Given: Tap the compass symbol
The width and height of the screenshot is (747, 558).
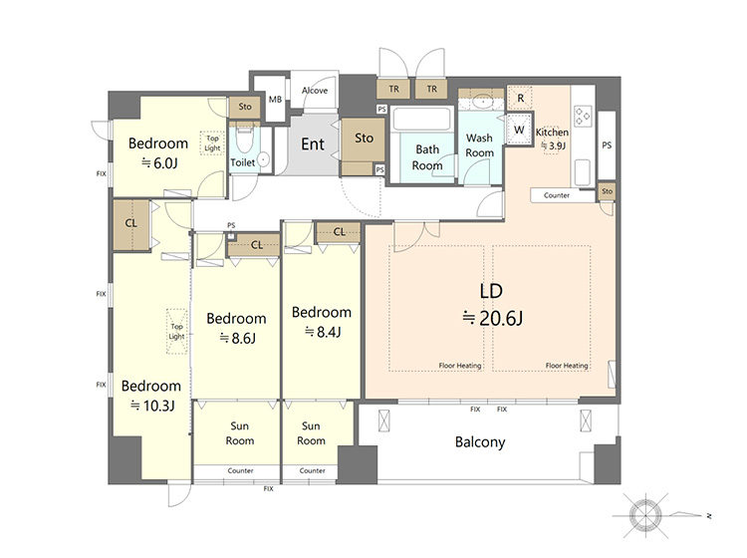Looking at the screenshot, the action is pyautogui.click(x=645, y=515).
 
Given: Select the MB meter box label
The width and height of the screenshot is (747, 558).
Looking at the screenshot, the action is pyautogui.click(x=275, y=99).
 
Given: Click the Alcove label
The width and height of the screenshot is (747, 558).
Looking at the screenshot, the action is pyautogui.click(x=315, y=90).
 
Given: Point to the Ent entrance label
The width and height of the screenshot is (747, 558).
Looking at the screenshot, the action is pyautogui.click(x=313, y=143).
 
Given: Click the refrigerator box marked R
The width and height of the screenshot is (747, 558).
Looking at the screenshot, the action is pyautogui.click(x=520, y=99).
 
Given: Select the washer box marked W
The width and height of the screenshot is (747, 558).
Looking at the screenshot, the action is pyautogui.click(x=519, y=130).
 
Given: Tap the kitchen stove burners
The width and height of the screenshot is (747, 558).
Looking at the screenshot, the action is pyautogui.click(x=584, y=116).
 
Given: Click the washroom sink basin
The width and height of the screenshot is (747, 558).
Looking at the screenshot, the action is pyautogui.click(x=483, y=102).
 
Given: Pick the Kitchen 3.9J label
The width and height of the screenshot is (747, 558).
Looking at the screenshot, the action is pyautogui.click(x=552, y=139).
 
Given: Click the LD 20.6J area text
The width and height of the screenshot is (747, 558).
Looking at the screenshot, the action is pyautogui.click(x=492, y=305).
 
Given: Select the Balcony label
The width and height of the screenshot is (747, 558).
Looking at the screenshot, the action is pyautogui.click(x=480, y=442).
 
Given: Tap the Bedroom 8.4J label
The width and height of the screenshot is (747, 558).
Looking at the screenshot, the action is pyautogui.click(x=322, y=322).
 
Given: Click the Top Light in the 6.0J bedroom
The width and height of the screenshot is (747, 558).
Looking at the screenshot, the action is pyautogui.click(x=212, y=142).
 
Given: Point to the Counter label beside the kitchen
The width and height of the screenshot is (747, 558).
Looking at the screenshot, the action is pyautogui.click(x=557, y=195).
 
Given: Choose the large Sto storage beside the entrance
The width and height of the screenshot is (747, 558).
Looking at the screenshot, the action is pyautogui.click(x=364, y=139).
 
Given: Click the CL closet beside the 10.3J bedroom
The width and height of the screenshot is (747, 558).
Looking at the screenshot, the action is pyautogui.click(x=131, y=225).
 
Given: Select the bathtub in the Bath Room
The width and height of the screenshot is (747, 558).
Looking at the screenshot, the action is pyautogui.click(x=420, y=120).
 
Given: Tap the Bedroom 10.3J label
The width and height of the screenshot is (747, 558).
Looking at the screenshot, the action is pyautogui.click(x=151, y=396).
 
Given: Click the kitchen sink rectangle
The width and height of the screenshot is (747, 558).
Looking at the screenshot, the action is pyautogui.click(x=583, y=172).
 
